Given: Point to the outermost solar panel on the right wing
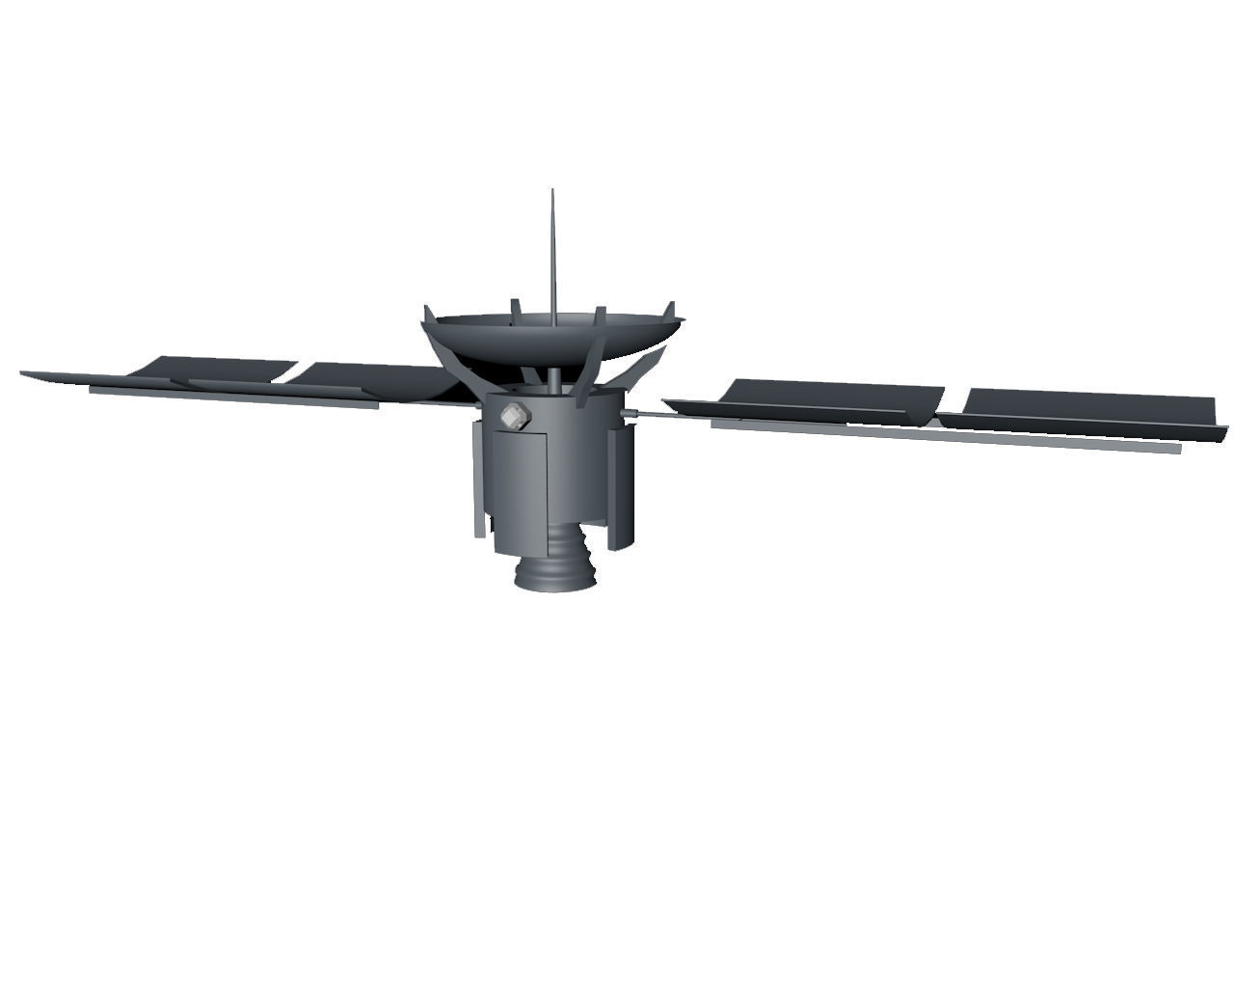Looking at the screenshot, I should [x=1089, y=405].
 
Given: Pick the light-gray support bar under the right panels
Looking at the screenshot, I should [x=945, y=435].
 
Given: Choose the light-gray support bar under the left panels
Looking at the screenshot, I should [x=231, y=398].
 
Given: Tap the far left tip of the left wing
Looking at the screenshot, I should [x=23, y=372].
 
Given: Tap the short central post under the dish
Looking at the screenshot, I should [x=554, y=378].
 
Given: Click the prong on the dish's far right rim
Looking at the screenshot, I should [x=667, y=311].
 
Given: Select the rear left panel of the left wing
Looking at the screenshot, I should [x=217, y=367].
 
